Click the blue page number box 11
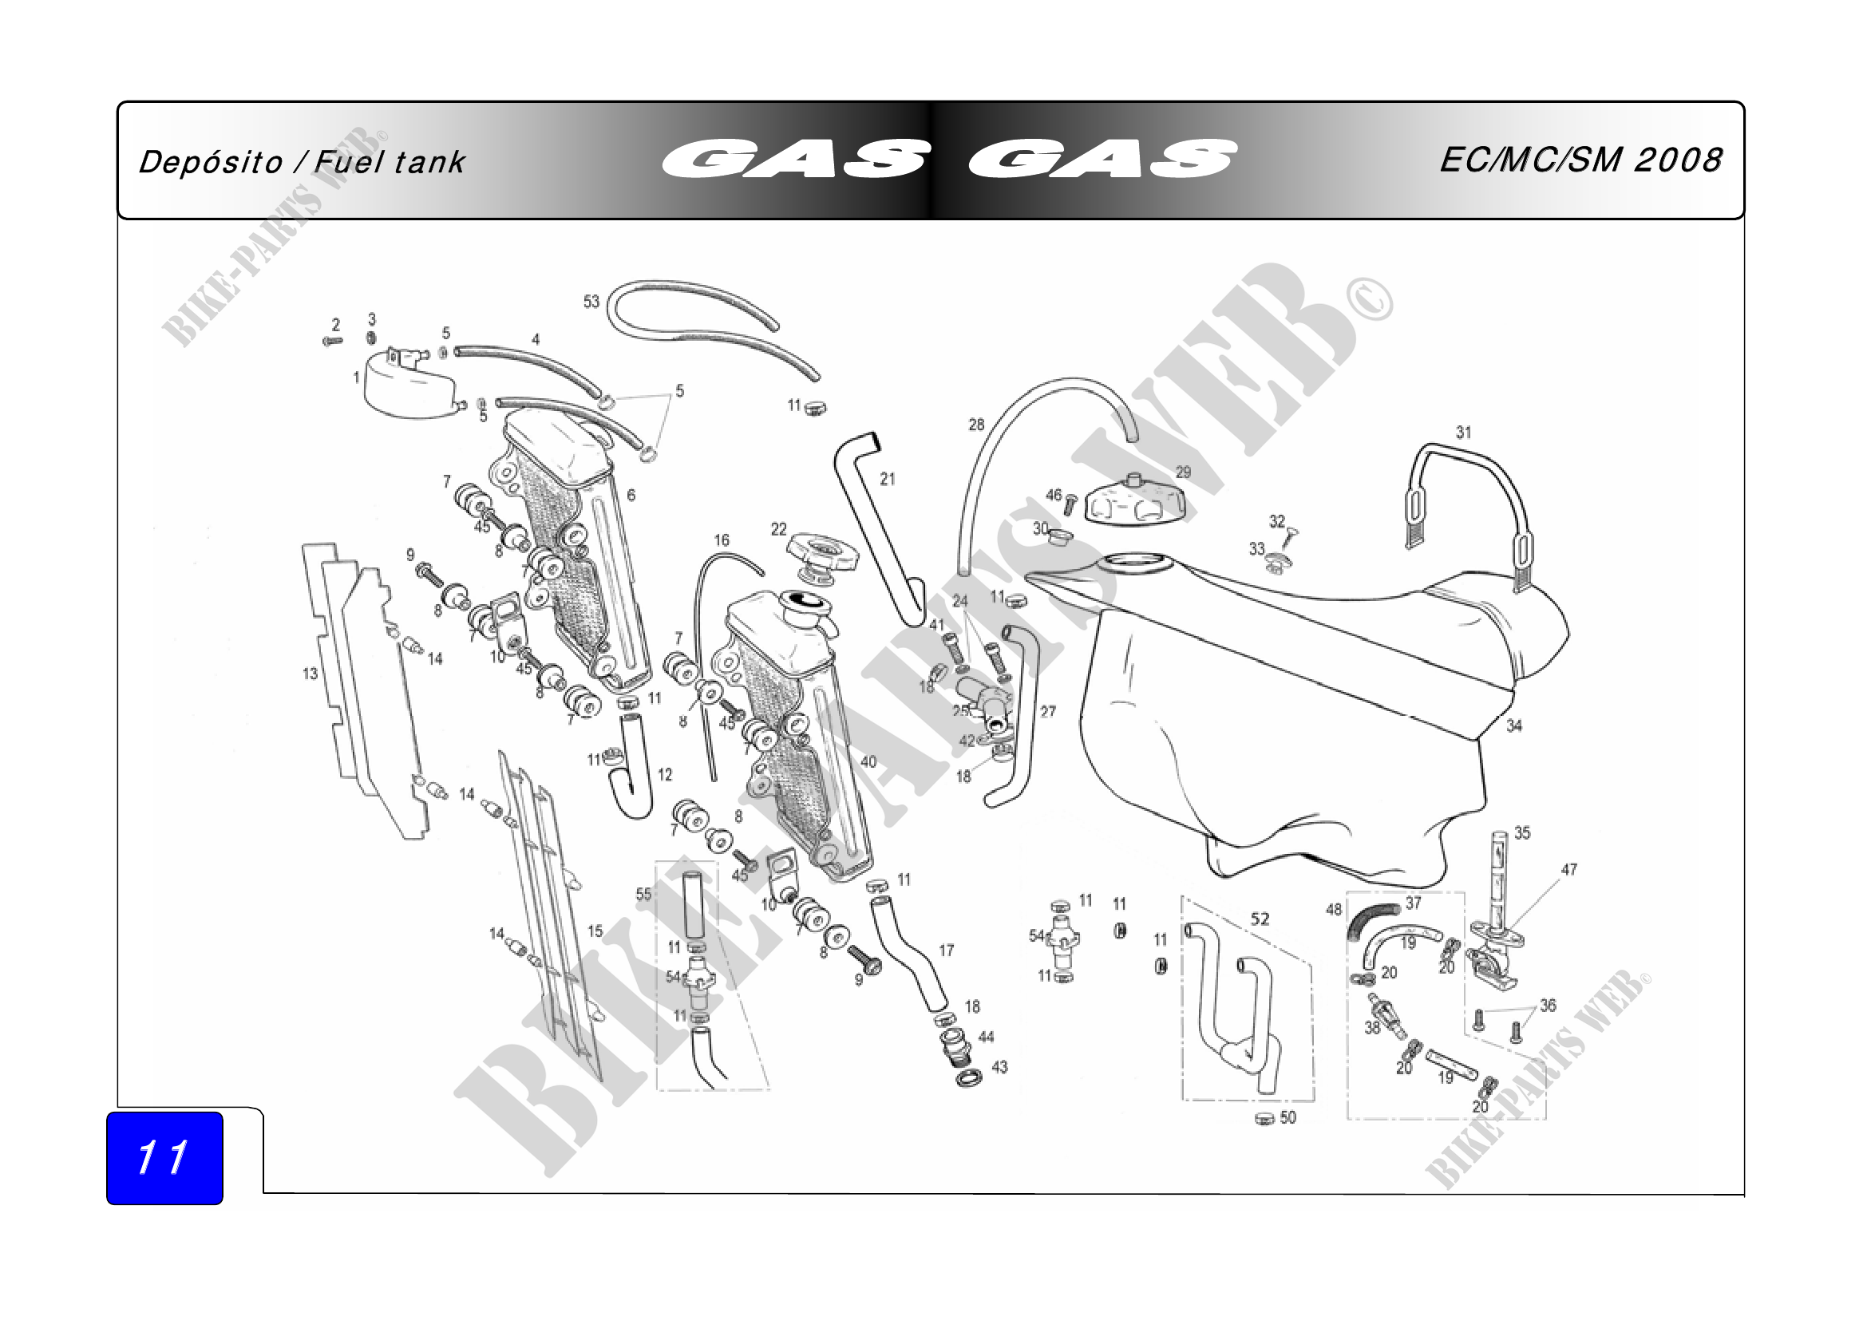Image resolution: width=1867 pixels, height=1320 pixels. click(164, 1157)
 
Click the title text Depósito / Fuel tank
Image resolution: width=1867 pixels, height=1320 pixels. click(302, 163)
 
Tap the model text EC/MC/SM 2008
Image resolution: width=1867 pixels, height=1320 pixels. click(1580, 160)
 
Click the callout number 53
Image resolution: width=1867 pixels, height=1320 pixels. click(591, 302)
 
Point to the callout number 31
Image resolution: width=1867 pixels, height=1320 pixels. click(1464, 433)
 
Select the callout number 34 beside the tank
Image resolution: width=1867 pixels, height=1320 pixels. click(1514, 725)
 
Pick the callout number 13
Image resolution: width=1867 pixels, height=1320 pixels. click(310, 674)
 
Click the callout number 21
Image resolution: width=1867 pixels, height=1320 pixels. click(887, 480)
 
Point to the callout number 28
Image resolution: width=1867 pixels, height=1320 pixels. click(976, 425)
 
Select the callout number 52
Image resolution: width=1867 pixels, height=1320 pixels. click(1260, 919)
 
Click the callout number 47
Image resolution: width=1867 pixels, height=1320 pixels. click(1569, 870)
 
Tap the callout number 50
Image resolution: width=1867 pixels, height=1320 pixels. click(1288, 1117)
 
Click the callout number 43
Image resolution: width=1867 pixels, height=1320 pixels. click(999, 1067)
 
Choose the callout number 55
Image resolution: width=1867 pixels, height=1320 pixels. click(644, 895)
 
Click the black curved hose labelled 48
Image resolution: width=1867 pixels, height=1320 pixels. click(1372, 921)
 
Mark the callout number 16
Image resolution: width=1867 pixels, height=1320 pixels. click(722, 540)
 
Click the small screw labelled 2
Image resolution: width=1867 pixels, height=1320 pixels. click(333, 342)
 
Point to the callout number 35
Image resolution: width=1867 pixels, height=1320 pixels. click(1522, 833)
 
